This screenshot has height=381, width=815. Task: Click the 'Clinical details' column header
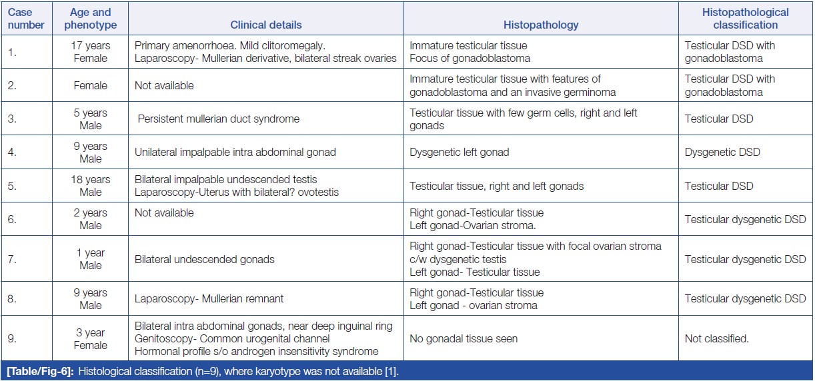point(265,25)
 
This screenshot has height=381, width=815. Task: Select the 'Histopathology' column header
point(541,25)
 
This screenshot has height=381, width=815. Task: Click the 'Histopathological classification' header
point(745,19)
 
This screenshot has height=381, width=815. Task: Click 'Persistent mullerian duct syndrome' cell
point(219,119)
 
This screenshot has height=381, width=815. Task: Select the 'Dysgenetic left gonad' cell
point(459,153)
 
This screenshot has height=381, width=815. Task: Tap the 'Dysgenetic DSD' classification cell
point(722,153)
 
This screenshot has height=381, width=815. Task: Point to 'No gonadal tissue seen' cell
point(464,339)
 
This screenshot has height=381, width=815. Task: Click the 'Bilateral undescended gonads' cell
point(201,259)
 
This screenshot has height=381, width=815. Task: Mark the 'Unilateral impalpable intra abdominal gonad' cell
point(235,153)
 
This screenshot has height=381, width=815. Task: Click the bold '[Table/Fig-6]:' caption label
point(39,370)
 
